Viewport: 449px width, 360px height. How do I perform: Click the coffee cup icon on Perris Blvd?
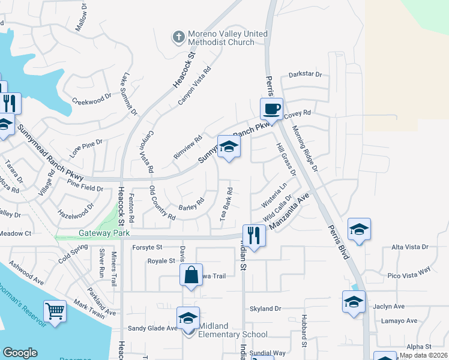(x=271, y=109)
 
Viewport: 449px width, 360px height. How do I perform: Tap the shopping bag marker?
(x=191, y=275)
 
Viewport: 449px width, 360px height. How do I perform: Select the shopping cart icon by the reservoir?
(x=55, y=311)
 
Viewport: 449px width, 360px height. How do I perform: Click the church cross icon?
(x=178, y=38)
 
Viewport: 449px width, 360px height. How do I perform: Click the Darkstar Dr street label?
(x=305, y=74)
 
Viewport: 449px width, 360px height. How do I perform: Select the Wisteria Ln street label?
(x=275, y=196)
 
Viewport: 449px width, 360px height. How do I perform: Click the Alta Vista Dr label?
(x=409, y=247)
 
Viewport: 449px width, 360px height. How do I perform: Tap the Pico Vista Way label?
(x=409, y=272)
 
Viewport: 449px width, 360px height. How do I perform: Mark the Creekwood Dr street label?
(x=92, y=98)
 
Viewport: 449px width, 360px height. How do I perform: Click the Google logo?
(x=20, y=353)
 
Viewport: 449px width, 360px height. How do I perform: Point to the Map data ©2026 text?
(x=423, y=355)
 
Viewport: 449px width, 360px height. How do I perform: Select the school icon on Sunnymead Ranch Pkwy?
(x=229, y=146)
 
